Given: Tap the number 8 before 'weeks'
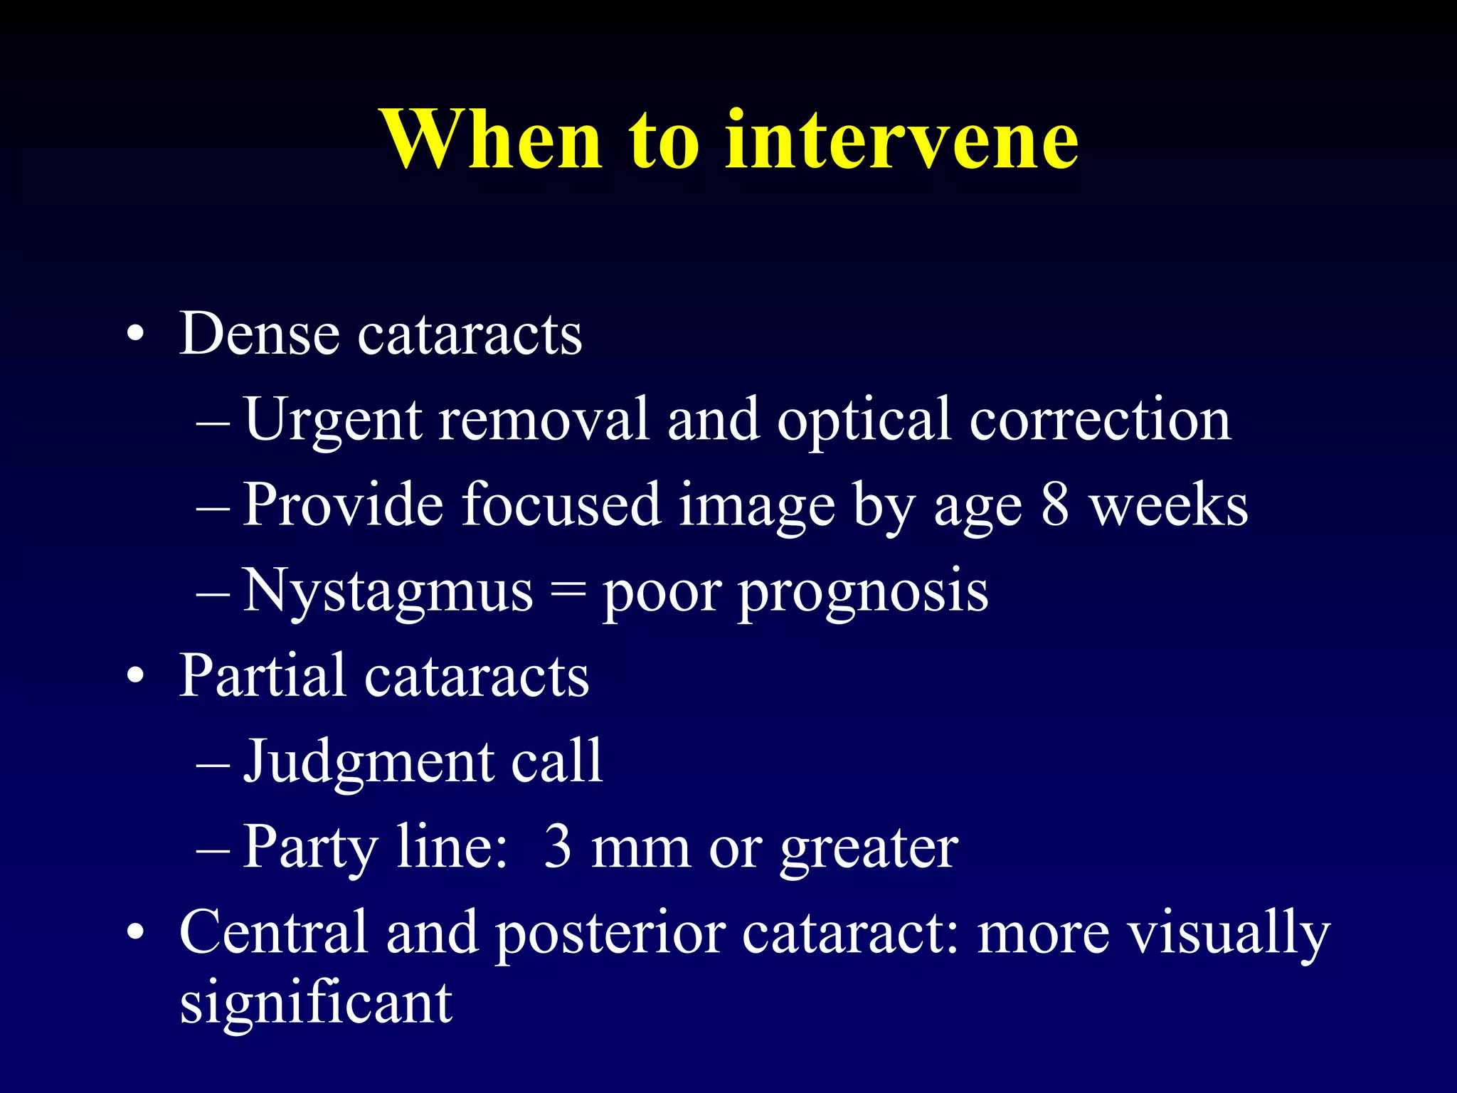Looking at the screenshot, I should [x=1055, y=505].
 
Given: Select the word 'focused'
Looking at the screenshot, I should [x=561, y=505].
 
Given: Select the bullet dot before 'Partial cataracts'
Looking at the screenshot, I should [x=135, y=677].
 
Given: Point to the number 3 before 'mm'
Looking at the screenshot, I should [x=557, y=847].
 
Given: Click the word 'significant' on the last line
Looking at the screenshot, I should [x=315, y=1003].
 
